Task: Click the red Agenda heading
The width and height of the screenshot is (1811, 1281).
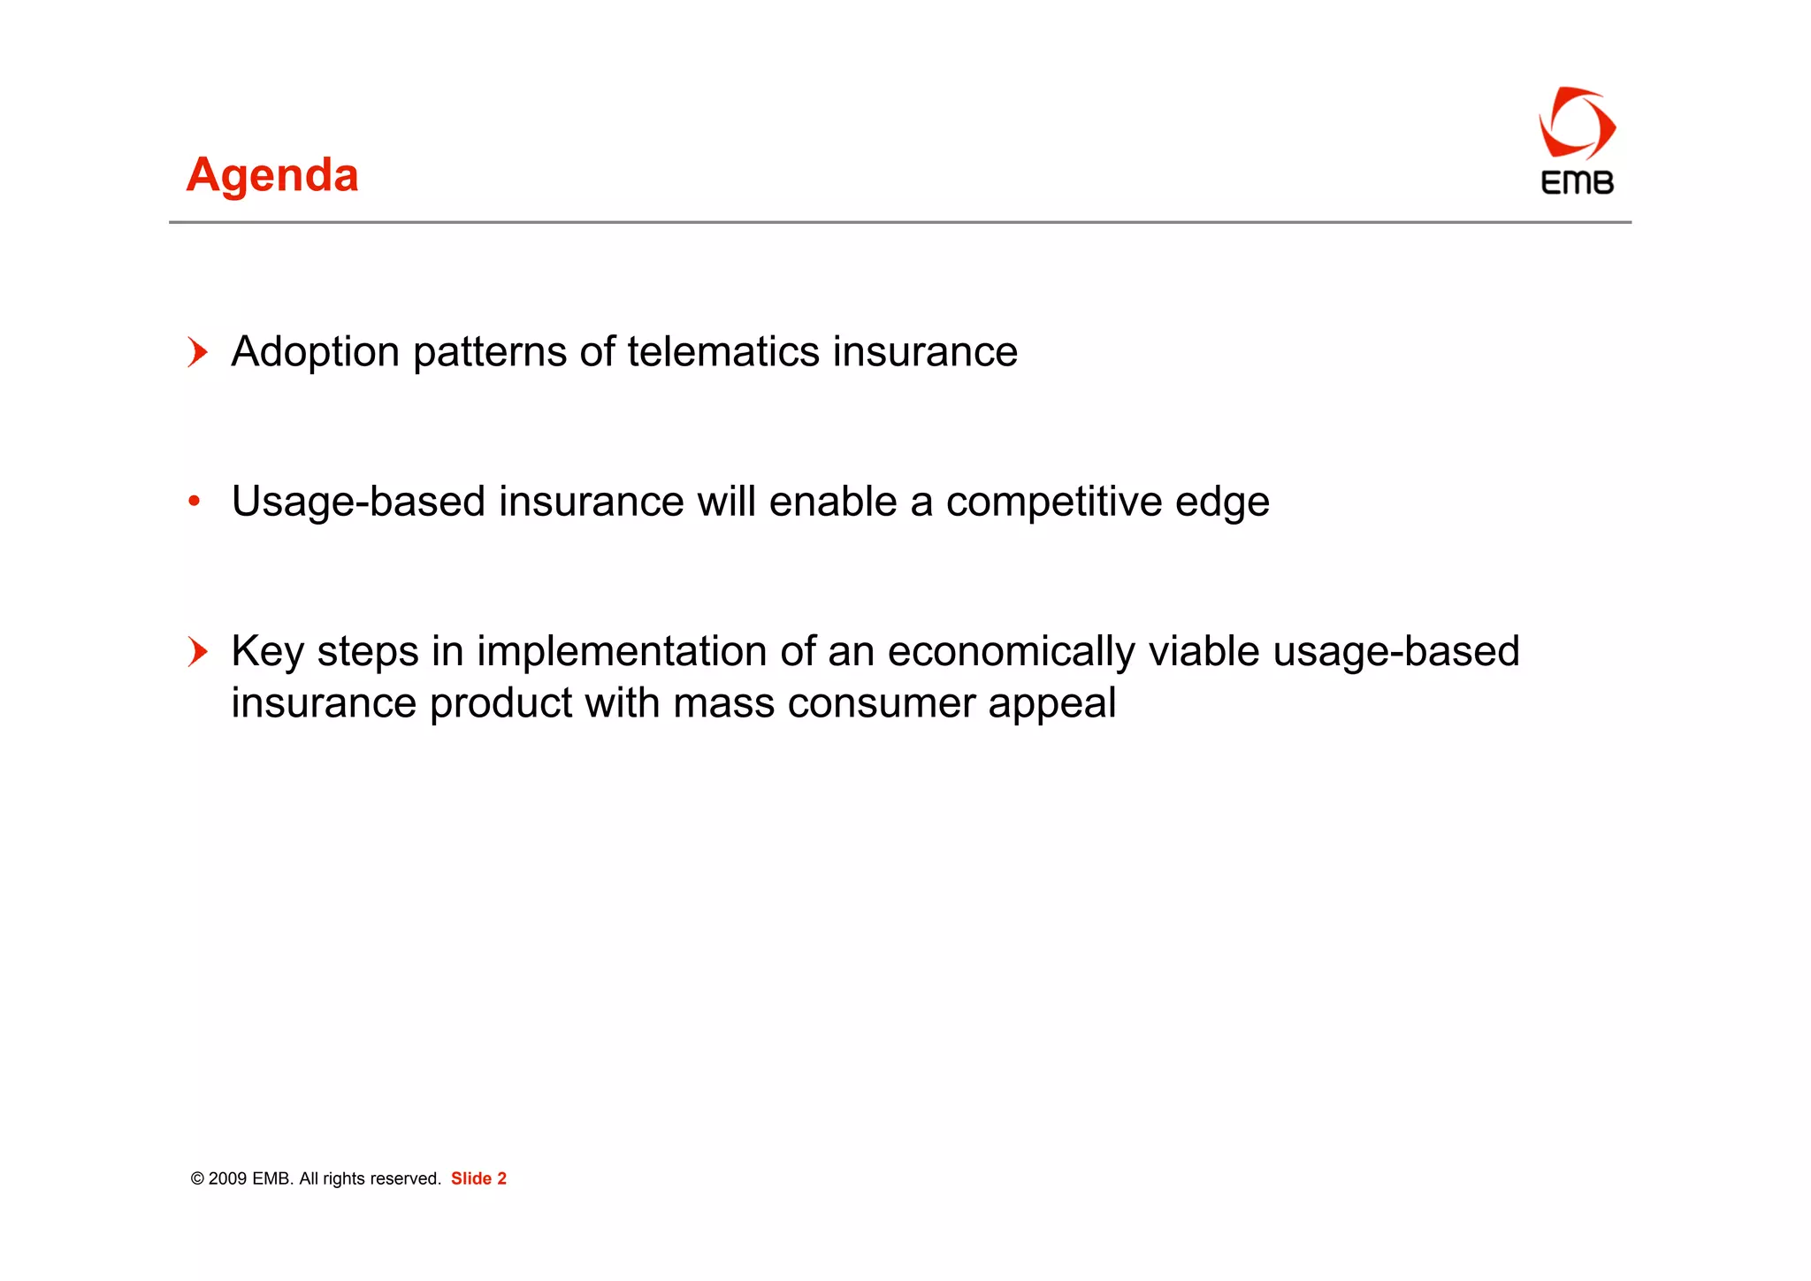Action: coord(272,175)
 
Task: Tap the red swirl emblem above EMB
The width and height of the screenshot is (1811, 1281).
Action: coord(1577,125)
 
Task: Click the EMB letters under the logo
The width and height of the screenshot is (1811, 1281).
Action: coord(1577,183)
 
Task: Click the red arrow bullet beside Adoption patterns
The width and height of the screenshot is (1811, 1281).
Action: coord(198,352)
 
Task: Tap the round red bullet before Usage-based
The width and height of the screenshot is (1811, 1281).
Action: coord(195,502)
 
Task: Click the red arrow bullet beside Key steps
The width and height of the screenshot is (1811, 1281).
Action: coord(198,652)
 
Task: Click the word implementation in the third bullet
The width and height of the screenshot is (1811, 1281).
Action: coord(622,652)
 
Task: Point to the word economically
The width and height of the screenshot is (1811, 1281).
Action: coord(1011,652)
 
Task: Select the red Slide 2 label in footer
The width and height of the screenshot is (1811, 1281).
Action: coord(478,1178)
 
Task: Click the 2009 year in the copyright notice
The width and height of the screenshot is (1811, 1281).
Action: coord(227,1178)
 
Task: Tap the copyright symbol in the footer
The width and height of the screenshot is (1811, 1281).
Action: coord(197,1179)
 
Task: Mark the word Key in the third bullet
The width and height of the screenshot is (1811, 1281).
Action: coord(268,652)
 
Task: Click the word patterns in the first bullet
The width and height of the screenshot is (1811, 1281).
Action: coord(489,353)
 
